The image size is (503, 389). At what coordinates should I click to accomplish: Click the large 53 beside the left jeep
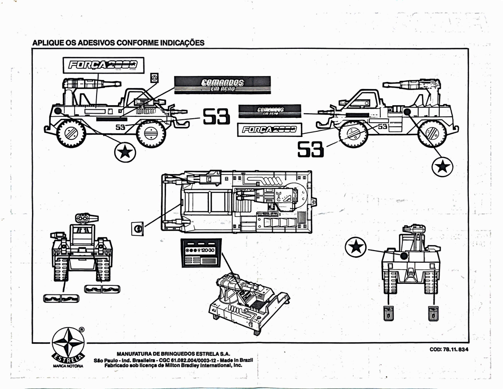pos(216,117)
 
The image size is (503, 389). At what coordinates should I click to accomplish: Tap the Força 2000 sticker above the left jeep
pos(103,65)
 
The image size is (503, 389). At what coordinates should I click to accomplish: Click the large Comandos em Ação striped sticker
pos(222,85)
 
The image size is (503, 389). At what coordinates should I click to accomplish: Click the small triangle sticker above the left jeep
pos(154,77)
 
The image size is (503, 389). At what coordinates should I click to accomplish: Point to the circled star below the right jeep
pos(442,166)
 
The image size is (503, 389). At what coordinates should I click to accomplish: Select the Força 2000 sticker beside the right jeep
pos(267,129)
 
